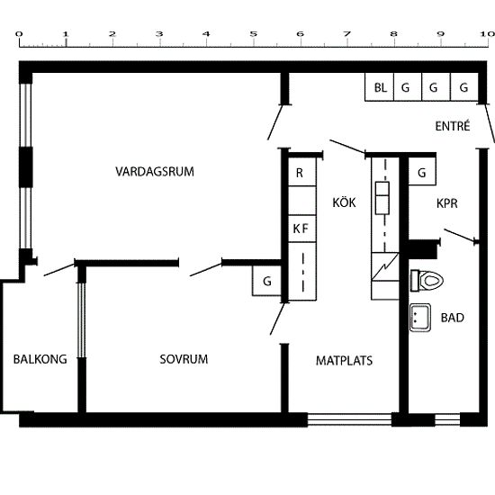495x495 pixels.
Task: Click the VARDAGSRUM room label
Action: coord(155,172)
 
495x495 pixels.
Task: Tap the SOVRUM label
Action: coord(184,359)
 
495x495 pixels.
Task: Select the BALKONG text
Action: coord(40,359)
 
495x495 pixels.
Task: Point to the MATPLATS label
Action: coord(344,361)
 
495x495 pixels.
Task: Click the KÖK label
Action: coord(344,202)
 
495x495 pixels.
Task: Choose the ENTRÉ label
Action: coord(453,126)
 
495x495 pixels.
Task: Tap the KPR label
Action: coord(447,203)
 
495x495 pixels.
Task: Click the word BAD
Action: coord(453,318)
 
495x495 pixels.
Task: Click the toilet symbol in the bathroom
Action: coord(427,280)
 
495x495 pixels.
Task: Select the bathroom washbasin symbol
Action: coord(420,318)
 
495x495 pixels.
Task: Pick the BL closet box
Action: coord(380,87)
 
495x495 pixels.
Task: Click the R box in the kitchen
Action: coord(302,172)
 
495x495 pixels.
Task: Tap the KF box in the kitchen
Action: coord(302,229)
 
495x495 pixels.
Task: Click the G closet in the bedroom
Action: coord(266,281)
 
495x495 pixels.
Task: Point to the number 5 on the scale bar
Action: coord(253,34)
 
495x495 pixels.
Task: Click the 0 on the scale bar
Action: coord(19,34)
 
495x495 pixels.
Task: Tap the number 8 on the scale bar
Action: coord(393,34)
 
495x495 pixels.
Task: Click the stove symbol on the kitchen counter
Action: coord(382,198)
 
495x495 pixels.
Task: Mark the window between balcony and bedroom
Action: coord(82,320)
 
